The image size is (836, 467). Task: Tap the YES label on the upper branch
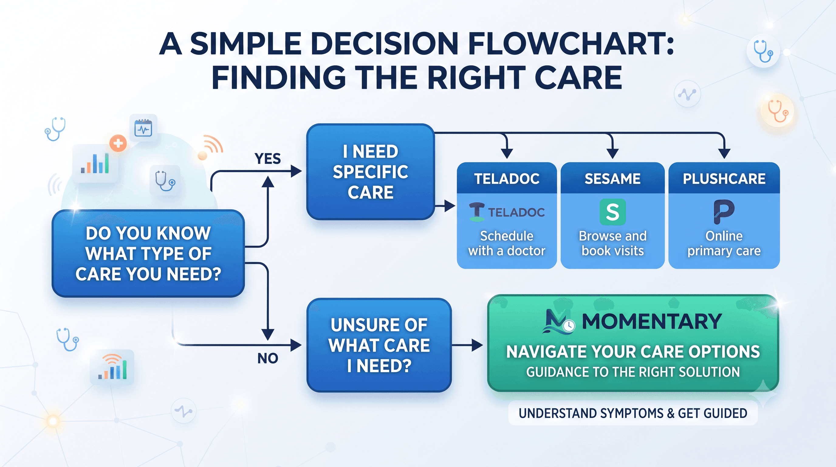pos(268,159)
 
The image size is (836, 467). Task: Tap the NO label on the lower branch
pos(268,358)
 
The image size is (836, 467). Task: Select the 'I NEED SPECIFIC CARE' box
pos(370,172)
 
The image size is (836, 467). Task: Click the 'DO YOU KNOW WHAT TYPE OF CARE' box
pos(148,253)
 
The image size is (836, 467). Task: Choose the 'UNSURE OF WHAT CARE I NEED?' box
pos(379,345)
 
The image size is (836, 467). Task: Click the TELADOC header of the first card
pos(507,178)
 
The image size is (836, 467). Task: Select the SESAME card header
pos(612,178)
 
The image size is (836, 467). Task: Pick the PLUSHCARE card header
pos(724,178)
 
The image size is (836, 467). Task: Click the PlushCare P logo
pos(724,212)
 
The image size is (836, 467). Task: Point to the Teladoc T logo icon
pos(477,212)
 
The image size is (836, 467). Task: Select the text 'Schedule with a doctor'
pos(507,243)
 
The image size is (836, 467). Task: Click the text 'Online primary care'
pos(724,243)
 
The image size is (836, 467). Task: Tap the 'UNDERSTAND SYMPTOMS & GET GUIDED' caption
pos(633,413)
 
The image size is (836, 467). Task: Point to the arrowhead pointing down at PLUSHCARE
pos(724,153)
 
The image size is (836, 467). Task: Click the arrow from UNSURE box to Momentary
pos(467,345)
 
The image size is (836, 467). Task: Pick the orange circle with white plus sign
pos(118,143)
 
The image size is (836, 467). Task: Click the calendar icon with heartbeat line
pos(143,128)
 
